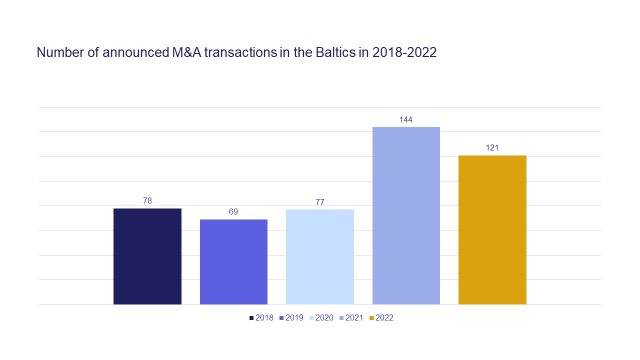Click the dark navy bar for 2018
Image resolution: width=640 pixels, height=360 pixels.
click(147, 256)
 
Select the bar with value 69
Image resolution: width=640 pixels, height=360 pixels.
click(233, 261)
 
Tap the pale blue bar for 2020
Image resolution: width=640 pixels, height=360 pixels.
click(320, 256)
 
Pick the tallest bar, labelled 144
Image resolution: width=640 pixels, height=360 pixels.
click(406, 215)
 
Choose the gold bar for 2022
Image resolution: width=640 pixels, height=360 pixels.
click(492, 229)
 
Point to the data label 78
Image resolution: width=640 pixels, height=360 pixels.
click(147, 201)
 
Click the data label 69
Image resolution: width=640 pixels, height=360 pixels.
click(233, 212)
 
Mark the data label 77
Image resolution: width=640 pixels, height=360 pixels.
click(320, 202)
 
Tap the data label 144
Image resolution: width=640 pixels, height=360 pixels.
click(406, 120)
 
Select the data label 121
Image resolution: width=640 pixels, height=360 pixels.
click(492, 148)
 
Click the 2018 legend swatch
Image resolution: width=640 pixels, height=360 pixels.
click(251, 318)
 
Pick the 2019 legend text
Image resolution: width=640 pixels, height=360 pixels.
click(294, 318)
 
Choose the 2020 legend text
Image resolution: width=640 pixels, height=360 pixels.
click(324, 318)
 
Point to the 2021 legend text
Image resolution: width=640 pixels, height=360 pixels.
click(354, 318)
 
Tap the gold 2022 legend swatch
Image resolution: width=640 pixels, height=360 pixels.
click(371, 318)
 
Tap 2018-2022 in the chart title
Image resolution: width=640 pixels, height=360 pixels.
click(404, 52)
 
